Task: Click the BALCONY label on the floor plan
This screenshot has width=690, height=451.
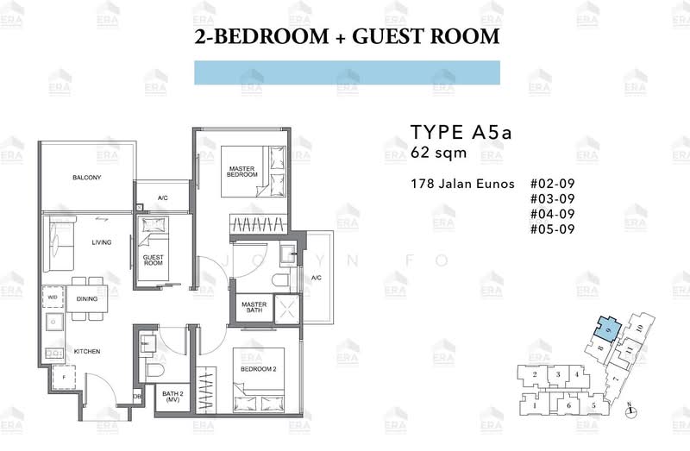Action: point(86,178)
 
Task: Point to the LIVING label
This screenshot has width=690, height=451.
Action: point(102,242)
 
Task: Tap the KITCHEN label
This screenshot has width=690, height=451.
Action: point(86,351)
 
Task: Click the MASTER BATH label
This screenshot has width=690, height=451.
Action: point(254,307)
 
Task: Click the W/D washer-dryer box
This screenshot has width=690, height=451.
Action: point(52,298)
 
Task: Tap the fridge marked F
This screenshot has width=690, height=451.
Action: point(62,377)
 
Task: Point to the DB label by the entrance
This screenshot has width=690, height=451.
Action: point(138,398)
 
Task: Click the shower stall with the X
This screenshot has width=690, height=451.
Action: point(285,309)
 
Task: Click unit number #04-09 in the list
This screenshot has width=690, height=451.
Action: point(551,214)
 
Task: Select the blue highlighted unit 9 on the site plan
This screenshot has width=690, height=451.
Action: point(607,328)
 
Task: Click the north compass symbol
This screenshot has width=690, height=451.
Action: point(632,408)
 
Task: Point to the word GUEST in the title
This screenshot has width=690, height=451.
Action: point(370,37)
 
